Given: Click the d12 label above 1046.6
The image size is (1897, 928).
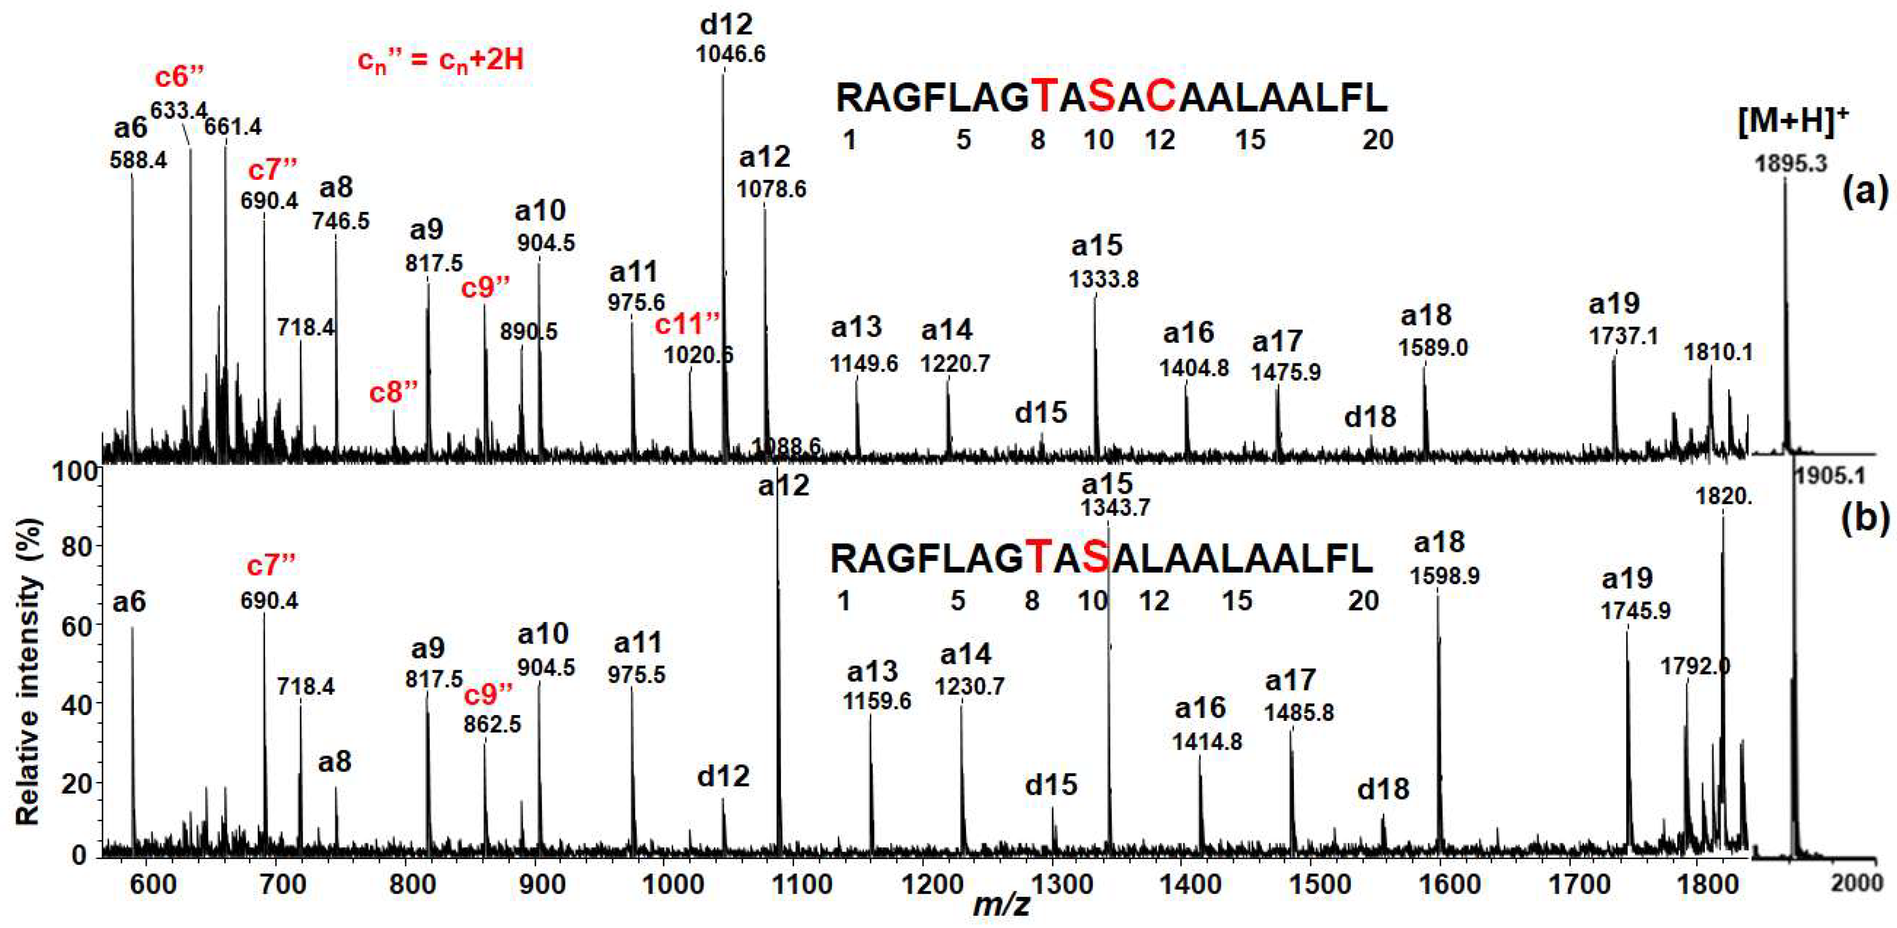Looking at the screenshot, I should click(726, 24).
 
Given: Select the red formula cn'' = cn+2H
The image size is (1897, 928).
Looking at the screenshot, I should click(440, 59).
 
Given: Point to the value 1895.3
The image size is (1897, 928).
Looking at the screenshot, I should click(1791, 164).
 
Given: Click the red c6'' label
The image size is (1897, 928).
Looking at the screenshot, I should click(179, 77).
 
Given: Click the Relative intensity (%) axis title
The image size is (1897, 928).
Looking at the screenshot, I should click(27, 671).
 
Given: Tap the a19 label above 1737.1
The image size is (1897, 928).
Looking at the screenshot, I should click(1614, 303).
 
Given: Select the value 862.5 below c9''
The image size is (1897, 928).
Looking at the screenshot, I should click(492, 724).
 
